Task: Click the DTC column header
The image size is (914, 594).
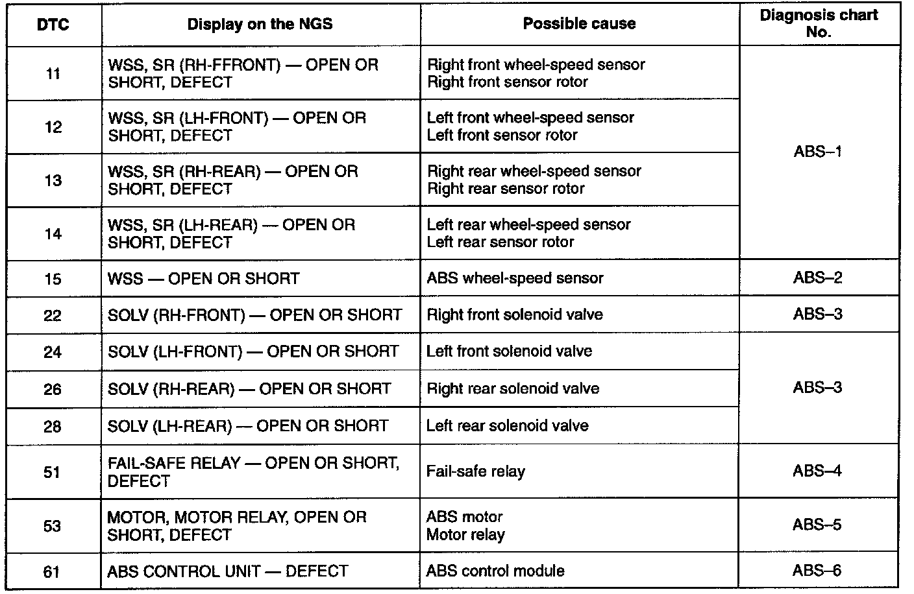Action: (x=53, y=25)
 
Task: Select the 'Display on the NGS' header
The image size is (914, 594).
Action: (x=260, y=25)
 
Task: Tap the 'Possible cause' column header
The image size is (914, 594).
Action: (x=579, y=24)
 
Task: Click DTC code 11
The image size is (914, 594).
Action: (x=53, y=74)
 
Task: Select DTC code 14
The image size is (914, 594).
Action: (x=53, y=233)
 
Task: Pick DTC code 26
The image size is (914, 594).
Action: (x=53, y=389)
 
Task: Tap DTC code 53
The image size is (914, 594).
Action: (x=53, y=526)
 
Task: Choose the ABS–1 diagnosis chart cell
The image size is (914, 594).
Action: (x=818, y=152)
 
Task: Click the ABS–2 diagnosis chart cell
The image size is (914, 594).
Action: (x=818, y=278)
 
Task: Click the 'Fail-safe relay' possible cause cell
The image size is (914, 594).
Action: (x=476, y=471)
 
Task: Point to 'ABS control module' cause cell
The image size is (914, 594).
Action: (x=495, y=571)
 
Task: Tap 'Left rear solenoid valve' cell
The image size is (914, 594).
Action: (x=508, y=426)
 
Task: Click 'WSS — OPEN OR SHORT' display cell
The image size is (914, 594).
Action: (x=204, y=279)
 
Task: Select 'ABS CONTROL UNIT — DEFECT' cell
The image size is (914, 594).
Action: (x=228, y=571)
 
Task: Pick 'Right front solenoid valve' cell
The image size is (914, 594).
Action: (x=515, y=315)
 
